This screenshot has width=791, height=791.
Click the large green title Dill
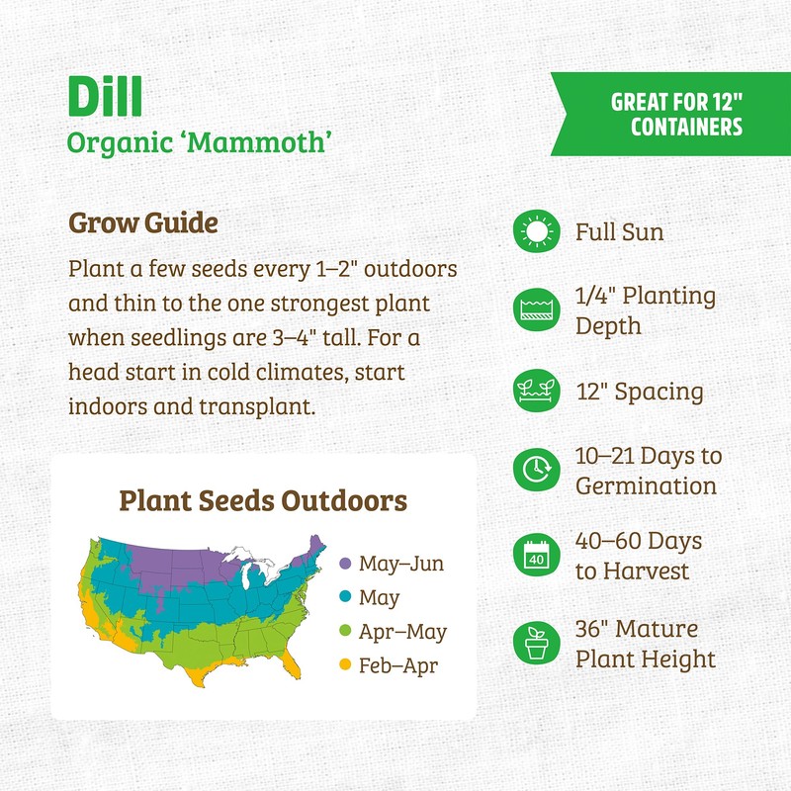(105, 94)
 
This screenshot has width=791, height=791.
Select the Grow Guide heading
(142, 223)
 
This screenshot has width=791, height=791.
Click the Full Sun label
(620, 233)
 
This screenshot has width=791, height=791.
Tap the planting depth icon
(536, 310)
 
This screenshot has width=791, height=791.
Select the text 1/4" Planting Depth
(645, 310)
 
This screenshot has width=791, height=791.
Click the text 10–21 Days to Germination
(648, 472)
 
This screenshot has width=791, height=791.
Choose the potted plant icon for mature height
(536, 644)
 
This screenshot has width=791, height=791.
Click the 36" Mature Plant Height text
(645, 644)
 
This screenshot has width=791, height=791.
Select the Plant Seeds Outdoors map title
(263, 500)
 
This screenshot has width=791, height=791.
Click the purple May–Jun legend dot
(345, 565)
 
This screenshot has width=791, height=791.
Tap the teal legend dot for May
(345, 598)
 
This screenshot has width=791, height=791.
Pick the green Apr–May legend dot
(345, 632)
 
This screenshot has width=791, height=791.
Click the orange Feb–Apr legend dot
(345, 665)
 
